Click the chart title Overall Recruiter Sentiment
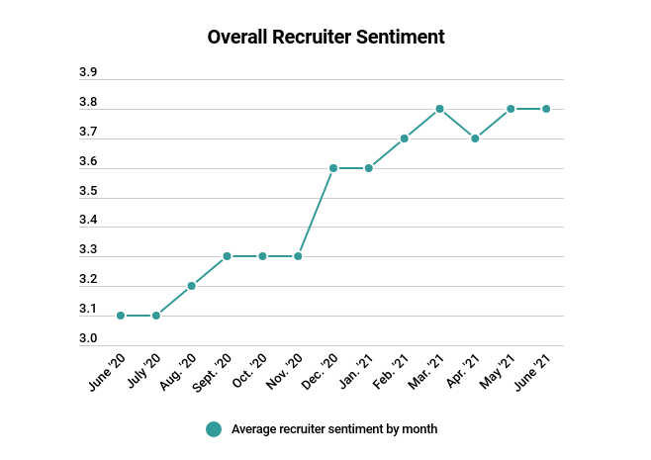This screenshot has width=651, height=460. pos(325,38)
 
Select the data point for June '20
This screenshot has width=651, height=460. pos(121,316)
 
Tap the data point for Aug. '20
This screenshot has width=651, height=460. pos(192,286)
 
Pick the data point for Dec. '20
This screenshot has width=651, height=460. pos(333,168)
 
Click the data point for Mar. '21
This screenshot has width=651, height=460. pos(439,109)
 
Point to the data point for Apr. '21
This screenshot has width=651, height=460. pos(475,138)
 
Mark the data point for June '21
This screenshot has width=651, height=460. pos(546,109)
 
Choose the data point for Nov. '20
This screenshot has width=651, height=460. pos(298,256)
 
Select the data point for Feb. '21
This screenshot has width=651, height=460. pos(405,138)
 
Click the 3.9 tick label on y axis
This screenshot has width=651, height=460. pos(88,73)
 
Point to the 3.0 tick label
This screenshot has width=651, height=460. pos(88,339)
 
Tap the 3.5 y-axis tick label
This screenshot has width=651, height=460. pos(88,191)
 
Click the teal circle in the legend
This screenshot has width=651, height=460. pos(214,429)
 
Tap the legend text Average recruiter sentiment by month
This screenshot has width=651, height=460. pos(334,429)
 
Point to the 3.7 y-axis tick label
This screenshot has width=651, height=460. pos(88,132)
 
